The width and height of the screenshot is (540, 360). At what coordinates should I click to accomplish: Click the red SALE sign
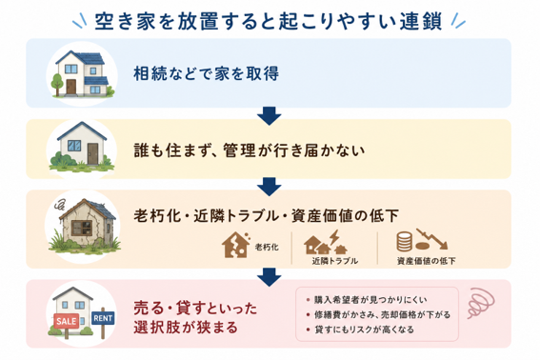tap(67, 321)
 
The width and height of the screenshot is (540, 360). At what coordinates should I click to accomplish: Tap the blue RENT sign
tap(103, 318)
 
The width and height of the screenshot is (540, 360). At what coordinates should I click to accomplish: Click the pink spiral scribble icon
tap(481, 303)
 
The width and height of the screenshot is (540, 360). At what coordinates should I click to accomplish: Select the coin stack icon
tap(404, 242)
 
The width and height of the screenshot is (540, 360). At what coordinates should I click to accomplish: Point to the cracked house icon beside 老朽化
tap(235, 245)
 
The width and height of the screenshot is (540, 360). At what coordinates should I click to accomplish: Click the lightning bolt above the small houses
tap(334, 237)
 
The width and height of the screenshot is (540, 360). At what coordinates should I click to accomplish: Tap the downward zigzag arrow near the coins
tap(431, 238)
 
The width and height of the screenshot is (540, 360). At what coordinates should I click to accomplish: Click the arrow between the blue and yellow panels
tap(269, 116)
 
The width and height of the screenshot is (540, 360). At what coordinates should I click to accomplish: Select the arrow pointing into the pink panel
tap(269, 277)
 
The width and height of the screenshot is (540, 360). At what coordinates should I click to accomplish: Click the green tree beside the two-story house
tap(56, 84)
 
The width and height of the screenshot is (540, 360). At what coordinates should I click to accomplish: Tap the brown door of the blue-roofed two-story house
tap(71, 87)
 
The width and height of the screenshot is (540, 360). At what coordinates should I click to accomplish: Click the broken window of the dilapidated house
tap(82, 228)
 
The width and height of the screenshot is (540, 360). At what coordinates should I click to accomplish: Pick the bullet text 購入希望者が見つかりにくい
tap(370, 300)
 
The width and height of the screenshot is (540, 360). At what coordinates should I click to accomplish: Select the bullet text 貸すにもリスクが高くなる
tap(364, 330)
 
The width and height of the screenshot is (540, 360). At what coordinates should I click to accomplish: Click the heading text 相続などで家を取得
tap(206, 73)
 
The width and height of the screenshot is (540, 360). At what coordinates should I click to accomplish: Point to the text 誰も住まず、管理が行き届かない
tap(249, 150)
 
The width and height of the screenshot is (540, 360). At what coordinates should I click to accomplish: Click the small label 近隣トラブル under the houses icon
tap(334, 261)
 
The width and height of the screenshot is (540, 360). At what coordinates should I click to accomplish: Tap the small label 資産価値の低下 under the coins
tap(427, 261)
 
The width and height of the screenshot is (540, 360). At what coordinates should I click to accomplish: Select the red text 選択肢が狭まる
tap(186, 328)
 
